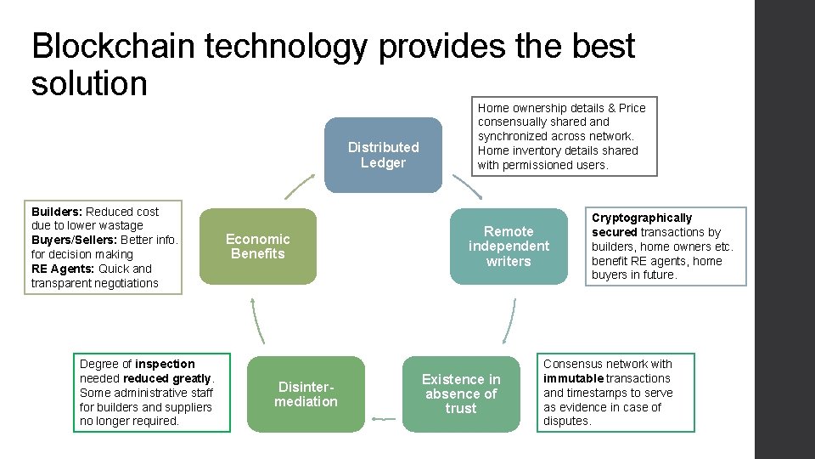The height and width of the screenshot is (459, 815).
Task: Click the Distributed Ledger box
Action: tap(383, 155)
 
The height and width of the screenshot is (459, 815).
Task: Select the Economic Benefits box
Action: tap(257, 246)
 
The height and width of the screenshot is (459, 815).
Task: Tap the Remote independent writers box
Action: tap(509, 246)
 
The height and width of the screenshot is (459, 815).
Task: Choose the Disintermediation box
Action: tap(306, 394)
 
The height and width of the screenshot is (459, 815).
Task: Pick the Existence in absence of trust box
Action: tap(461, 394)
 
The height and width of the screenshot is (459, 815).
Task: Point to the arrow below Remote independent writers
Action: tap(509, 320)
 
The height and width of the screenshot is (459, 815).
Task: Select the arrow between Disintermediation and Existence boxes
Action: tap(384, 418)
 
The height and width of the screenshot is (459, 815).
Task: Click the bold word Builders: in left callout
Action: tap(57, 212)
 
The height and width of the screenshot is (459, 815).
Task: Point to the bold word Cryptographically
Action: tap(642, 218)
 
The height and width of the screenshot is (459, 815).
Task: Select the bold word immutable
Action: tap(573, 378)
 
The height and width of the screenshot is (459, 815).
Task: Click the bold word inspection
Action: tap(165, 364)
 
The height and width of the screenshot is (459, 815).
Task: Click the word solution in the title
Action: tap(89, 83)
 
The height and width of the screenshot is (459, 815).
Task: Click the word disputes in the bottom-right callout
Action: tap(565, 421)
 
